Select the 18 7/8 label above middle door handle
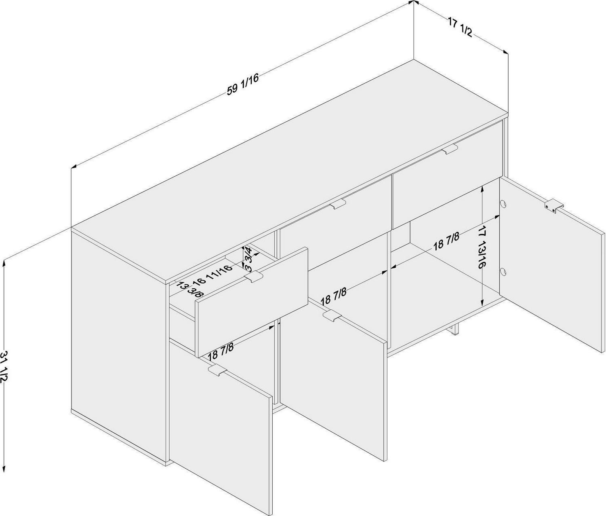tap(334, 296)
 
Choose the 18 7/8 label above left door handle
tap(221, 352)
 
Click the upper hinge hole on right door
tap(503, 204)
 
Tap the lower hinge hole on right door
tap(503, 271)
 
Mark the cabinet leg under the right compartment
tap(455, 330)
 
